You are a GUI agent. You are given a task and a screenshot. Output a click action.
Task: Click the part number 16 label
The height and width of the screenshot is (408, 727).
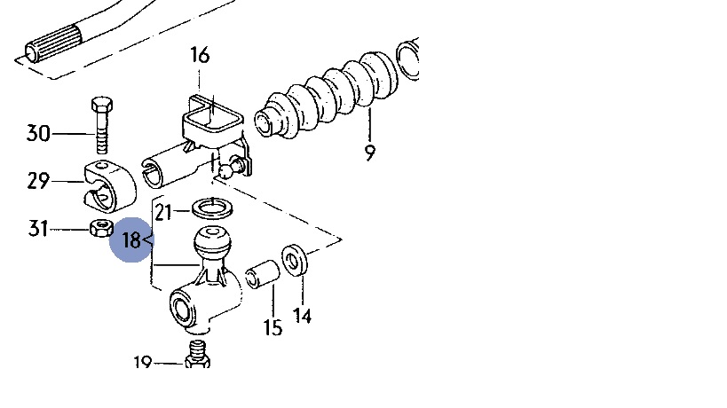pyautogui.click(x=200, y=55)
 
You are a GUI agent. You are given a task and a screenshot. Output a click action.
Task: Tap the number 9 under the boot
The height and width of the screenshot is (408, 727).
pyautogui.click(x=369, y=153)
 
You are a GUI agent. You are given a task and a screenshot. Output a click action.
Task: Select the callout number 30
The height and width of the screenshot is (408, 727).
pyautogui.click(x=37, y=134)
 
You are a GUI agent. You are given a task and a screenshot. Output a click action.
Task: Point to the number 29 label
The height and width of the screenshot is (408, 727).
pyautogui.click(x=37, y=181)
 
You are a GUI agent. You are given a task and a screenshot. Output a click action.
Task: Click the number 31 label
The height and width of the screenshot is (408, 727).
pyautogui.click(x=37, y=229)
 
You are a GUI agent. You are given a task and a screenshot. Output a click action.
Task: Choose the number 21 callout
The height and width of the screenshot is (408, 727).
pyautogui.click(x=163, y=211)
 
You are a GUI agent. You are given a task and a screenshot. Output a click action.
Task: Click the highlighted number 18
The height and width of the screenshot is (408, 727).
pyautogui.click(x=131, y=239)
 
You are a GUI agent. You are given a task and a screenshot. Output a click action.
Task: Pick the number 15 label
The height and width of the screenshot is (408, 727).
pyautogui.click(x=273, y=328)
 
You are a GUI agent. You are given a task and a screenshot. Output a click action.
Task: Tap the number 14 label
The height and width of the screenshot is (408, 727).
pyautogui.click(x=303, y=315)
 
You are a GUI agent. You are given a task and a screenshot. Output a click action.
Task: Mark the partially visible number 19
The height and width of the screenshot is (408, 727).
pyautogui.click(x=143, y=363)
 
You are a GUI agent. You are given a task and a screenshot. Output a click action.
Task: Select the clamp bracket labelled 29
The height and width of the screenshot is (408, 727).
pyautogui.click(x=107, y=181)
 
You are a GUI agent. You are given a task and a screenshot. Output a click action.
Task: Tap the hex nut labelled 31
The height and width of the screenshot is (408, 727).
pyautogui.click(x=101, y=229)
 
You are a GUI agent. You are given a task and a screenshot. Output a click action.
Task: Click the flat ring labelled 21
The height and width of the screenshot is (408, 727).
pyautogui.click(x=210, y=209)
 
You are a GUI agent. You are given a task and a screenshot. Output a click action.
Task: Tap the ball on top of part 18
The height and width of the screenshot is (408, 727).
pyautogui.click(x=212, y=241)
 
